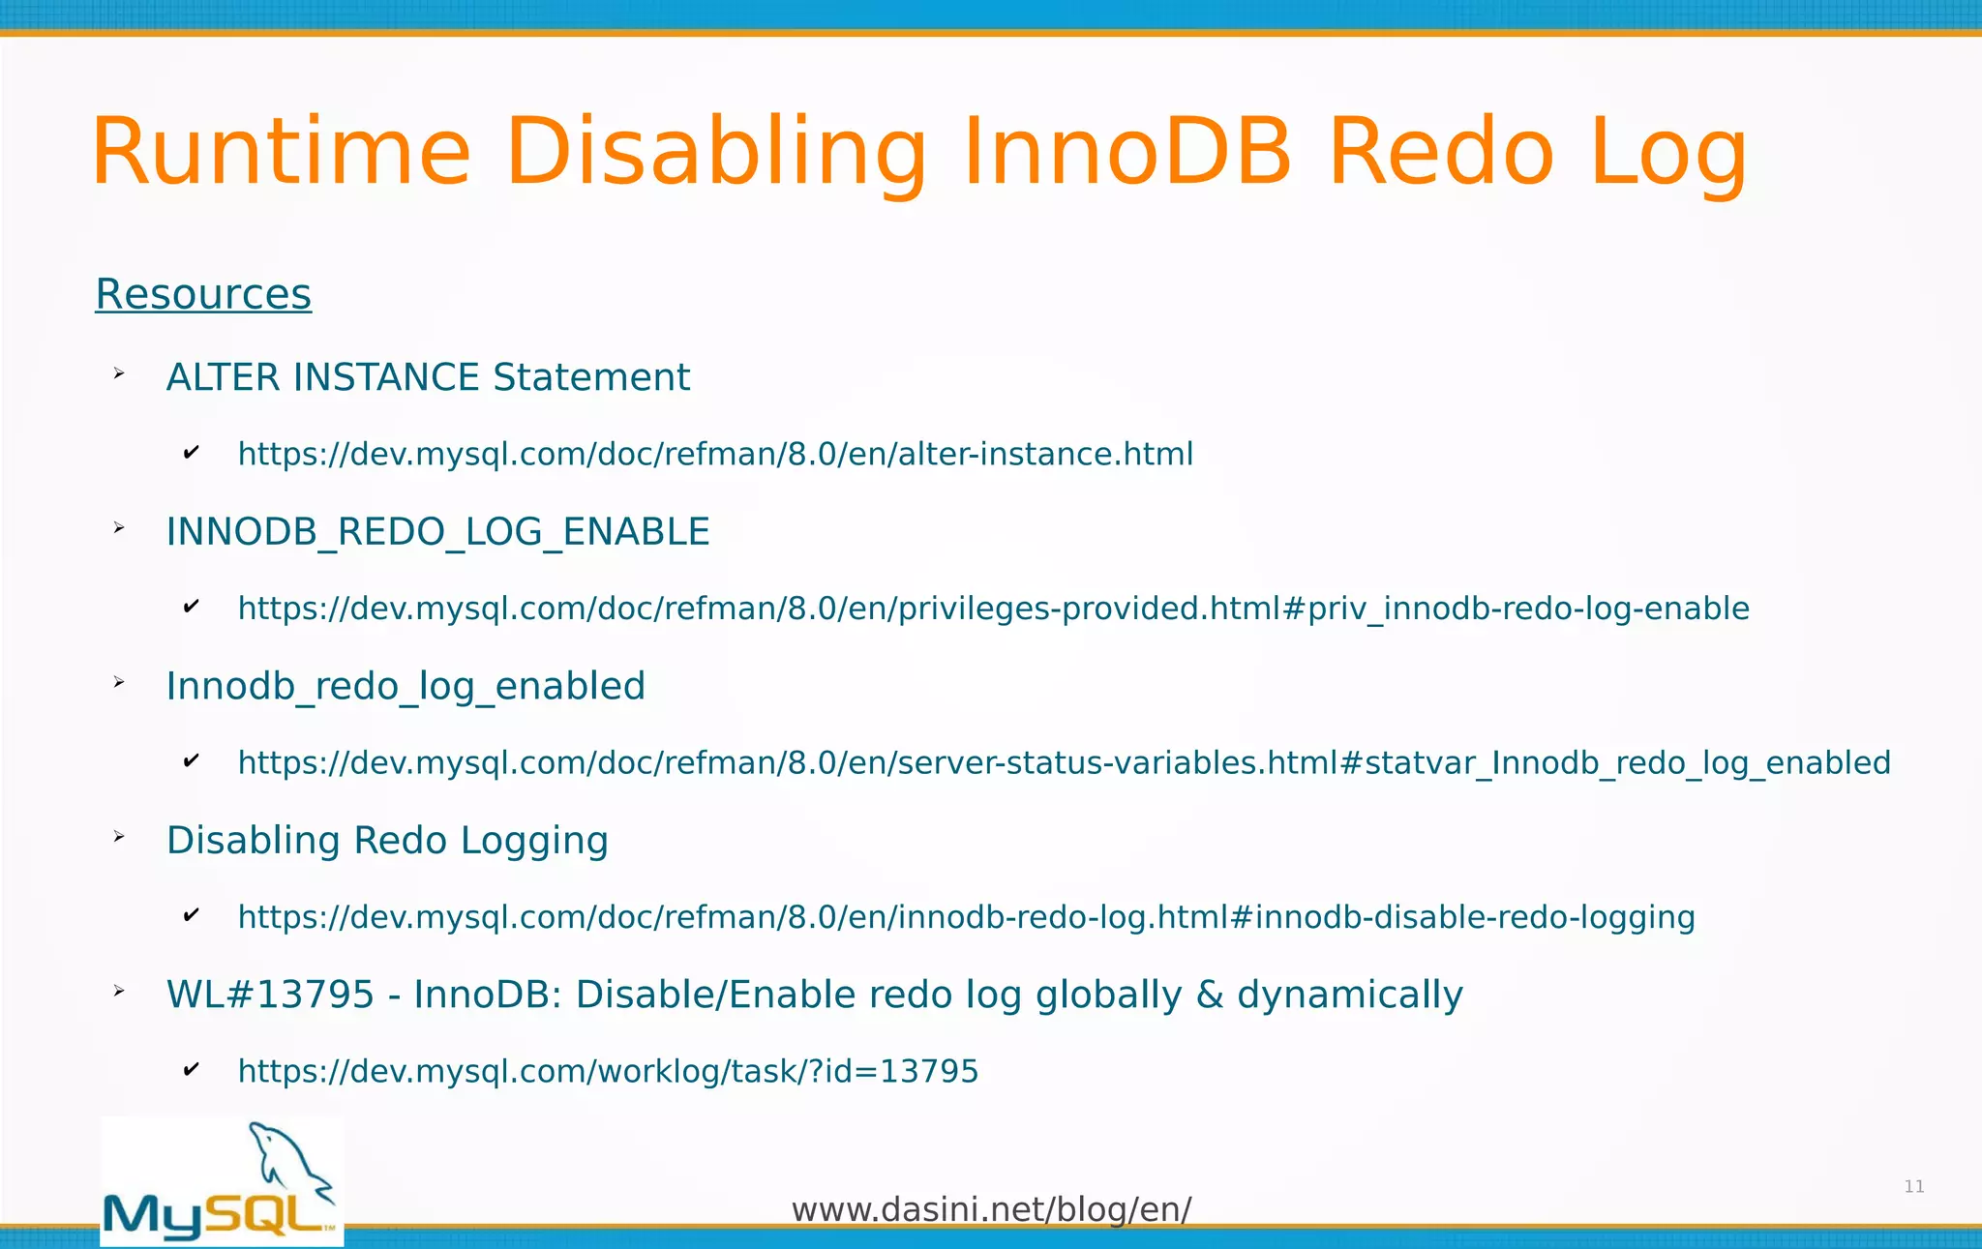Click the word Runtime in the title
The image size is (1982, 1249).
pyautogui.click(x=281, y=153)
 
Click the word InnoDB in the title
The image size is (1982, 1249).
pyautogui.click(x=1127, y=153)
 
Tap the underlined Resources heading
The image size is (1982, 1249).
pyautogui.click(x=203, y=294)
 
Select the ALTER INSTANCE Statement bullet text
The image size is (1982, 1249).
pyautogui.click(x=428, y=377)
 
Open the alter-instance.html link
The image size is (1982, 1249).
pyautogui.click(x=715, y=454)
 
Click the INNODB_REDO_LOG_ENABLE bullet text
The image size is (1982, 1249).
pyautogui.click(x=437, y=532)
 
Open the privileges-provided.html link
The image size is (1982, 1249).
pyautogui.click(x=993, y=609)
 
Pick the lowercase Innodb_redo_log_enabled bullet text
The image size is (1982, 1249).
pyautogui.click(x=405, y=686)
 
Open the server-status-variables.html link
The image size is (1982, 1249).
pyautogui.click(x=1064, y=763)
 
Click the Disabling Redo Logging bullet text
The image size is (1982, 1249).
pyautogui.click(x=387, y=841)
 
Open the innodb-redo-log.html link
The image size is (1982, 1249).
pyautogui.click(x=966, y=917)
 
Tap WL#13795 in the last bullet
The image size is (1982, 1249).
pyautogui.click(x=270, y=995)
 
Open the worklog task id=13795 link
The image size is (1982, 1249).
pyautogui.click(x=608, y=1072)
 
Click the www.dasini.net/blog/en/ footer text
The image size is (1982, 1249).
pyautogui.click(x=991, y=1209)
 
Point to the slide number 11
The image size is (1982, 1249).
pyautogui.click(x=1913, y=1187)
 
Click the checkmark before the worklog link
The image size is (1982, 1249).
pyautogui.click(x=191, y=1069)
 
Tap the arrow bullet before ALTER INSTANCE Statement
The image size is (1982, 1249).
pyautogui.click(x=119, y=373)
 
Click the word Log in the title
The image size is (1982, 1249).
pyautogui.click(x=1668, y=153)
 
